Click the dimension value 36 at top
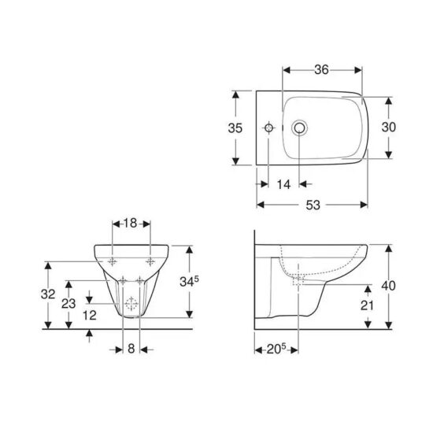(319, 70)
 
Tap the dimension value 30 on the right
(400, 128)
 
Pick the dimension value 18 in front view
(131, 224)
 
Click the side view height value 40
(398, 285)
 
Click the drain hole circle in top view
(298, 128)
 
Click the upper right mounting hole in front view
(149, 261)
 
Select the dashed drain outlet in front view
(131, 305)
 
